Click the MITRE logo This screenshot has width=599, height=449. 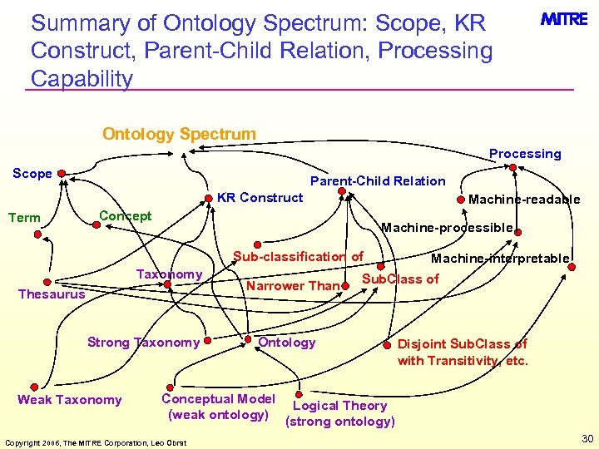(x=565, y=19)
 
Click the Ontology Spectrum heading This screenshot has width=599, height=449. (x=179, y=134)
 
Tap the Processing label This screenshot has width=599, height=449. (x=525, y=154)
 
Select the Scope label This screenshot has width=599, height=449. (x=32, y=174)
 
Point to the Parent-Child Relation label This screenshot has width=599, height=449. (x=378, y=181)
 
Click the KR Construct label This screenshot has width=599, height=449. (x=260, y=198)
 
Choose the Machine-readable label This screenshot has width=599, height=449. (x=524, y=200)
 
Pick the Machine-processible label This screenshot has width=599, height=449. (x=447, y=228)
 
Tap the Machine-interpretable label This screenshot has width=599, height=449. (x=499, y=259)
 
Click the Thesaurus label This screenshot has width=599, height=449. (x=52, y=294)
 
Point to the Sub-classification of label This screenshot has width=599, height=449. (x=298, y=257)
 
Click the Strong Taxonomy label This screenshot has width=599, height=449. (x=143, y=343)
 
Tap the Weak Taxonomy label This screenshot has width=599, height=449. (x=69, y=400)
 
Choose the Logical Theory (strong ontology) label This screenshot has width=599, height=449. (x=340, y=413)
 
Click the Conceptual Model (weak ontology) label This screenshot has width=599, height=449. (x=218, y=407)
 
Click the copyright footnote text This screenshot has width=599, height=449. (x=95, y=442)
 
